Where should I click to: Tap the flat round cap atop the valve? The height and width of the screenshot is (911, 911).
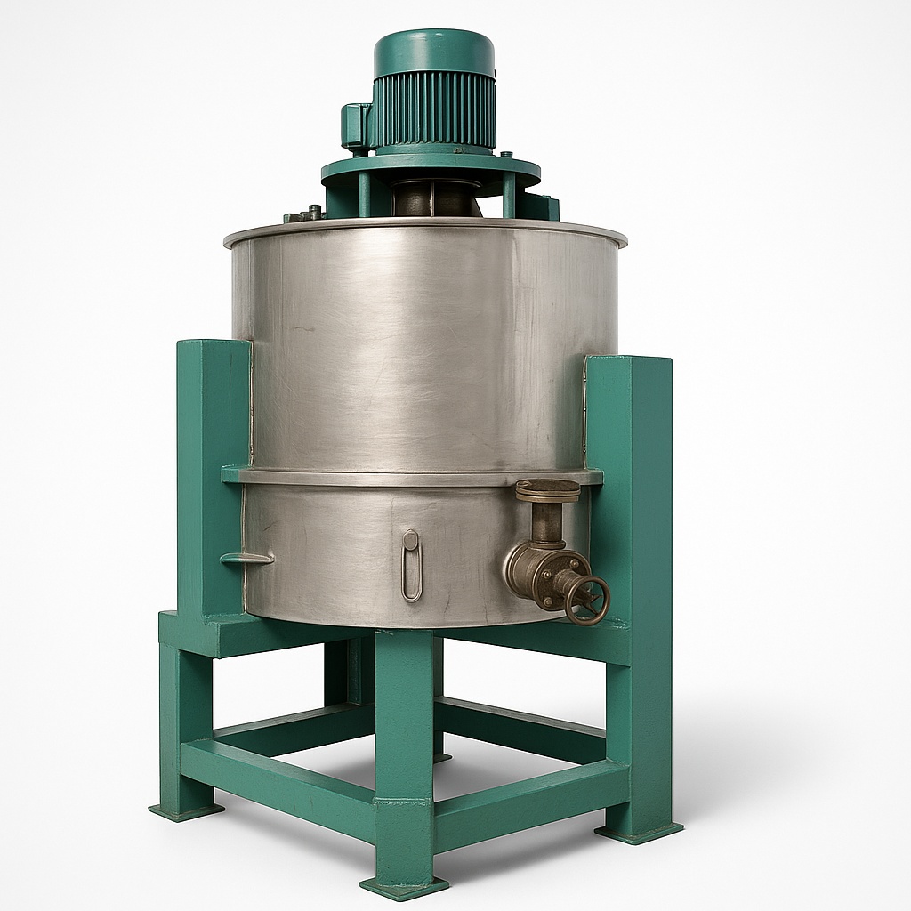(x=547, y=488)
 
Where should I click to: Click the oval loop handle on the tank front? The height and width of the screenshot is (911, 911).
(x=410, y=566)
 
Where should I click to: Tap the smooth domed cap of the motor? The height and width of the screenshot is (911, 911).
(x=434, y=52)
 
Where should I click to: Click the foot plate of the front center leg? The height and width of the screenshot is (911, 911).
(x=404, y=886)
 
